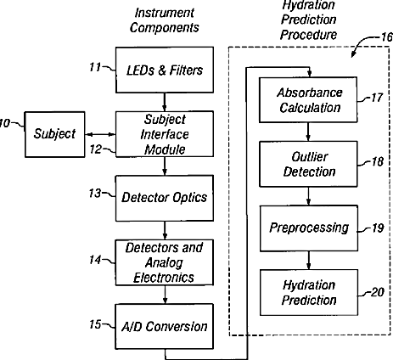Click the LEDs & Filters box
click(x=165, y=70)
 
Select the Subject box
click(x=54, y=134)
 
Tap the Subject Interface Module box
click(x=165, y=134)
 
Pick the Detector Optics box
click(x=165, y=198)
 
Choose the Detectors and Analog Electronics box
click(x=165, y=262)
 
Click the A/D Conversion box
click(x=165, y=326)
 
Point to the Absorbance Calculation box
click(x=308, y=99)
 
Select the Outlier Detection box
click(x=308, y=164)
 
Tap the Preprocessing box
click(x=309, y=228)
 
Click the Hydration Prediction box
click(x=309, y=292)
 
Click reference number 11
click(x=95, y=67)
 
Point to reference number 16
click(x=387, y=37)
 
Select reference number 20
click(x=377, y=292)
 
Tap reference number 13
click(x=95, y=194)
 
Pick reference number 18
click(x=377, y=161)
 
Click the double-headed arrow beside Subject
click(x=100, y=135)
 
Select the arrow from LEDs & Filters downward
click(x=165, y=102)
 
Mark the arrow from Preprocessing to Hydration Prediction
click(x=309, y=261)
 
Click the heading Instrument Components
click(x=165, y=20)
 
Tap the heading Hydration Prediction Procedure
click(x=308, y=20)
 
